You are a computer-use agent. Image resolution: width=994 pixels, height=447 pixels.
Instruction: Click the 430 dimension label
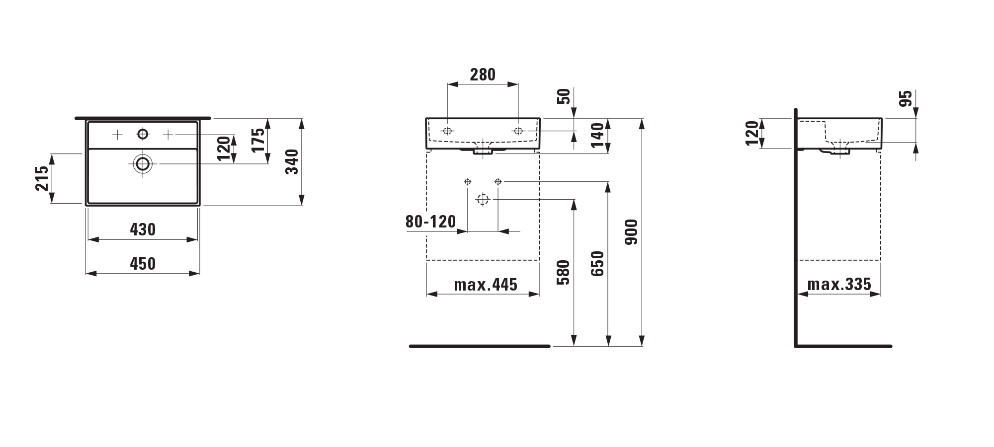[x=143, y=229]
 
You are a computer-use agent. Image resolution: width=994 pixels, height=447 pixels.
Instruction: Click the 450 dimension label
[x=143, y=264]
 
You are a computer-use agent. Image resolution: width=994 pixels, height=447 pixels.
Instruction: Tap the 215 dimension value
[x=42, y=178]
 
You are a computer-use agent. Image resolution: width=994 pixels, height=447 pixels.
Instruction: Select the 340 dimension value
[x=292, y=161]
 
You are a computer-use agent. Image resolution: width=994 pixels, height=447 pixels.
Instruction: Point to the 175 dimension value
[x=258, y=141]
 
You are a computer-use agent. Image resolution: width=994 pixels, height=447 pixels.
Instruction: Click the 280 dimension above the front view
[x=483, y=74]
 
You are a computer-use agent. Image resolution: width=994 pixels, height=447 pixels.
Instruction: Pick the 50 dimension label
[x=564, y=96]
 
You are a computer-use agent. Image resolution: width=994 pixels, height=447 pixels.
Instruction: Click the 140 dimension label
[x=597, y=135]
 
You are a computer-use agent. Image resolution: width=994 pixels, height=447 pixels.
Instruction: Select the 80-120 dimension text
[x=430, y=222]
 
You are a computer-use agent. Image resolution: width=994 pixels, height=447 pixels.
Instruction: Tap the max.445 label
[x=486, y=285]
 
